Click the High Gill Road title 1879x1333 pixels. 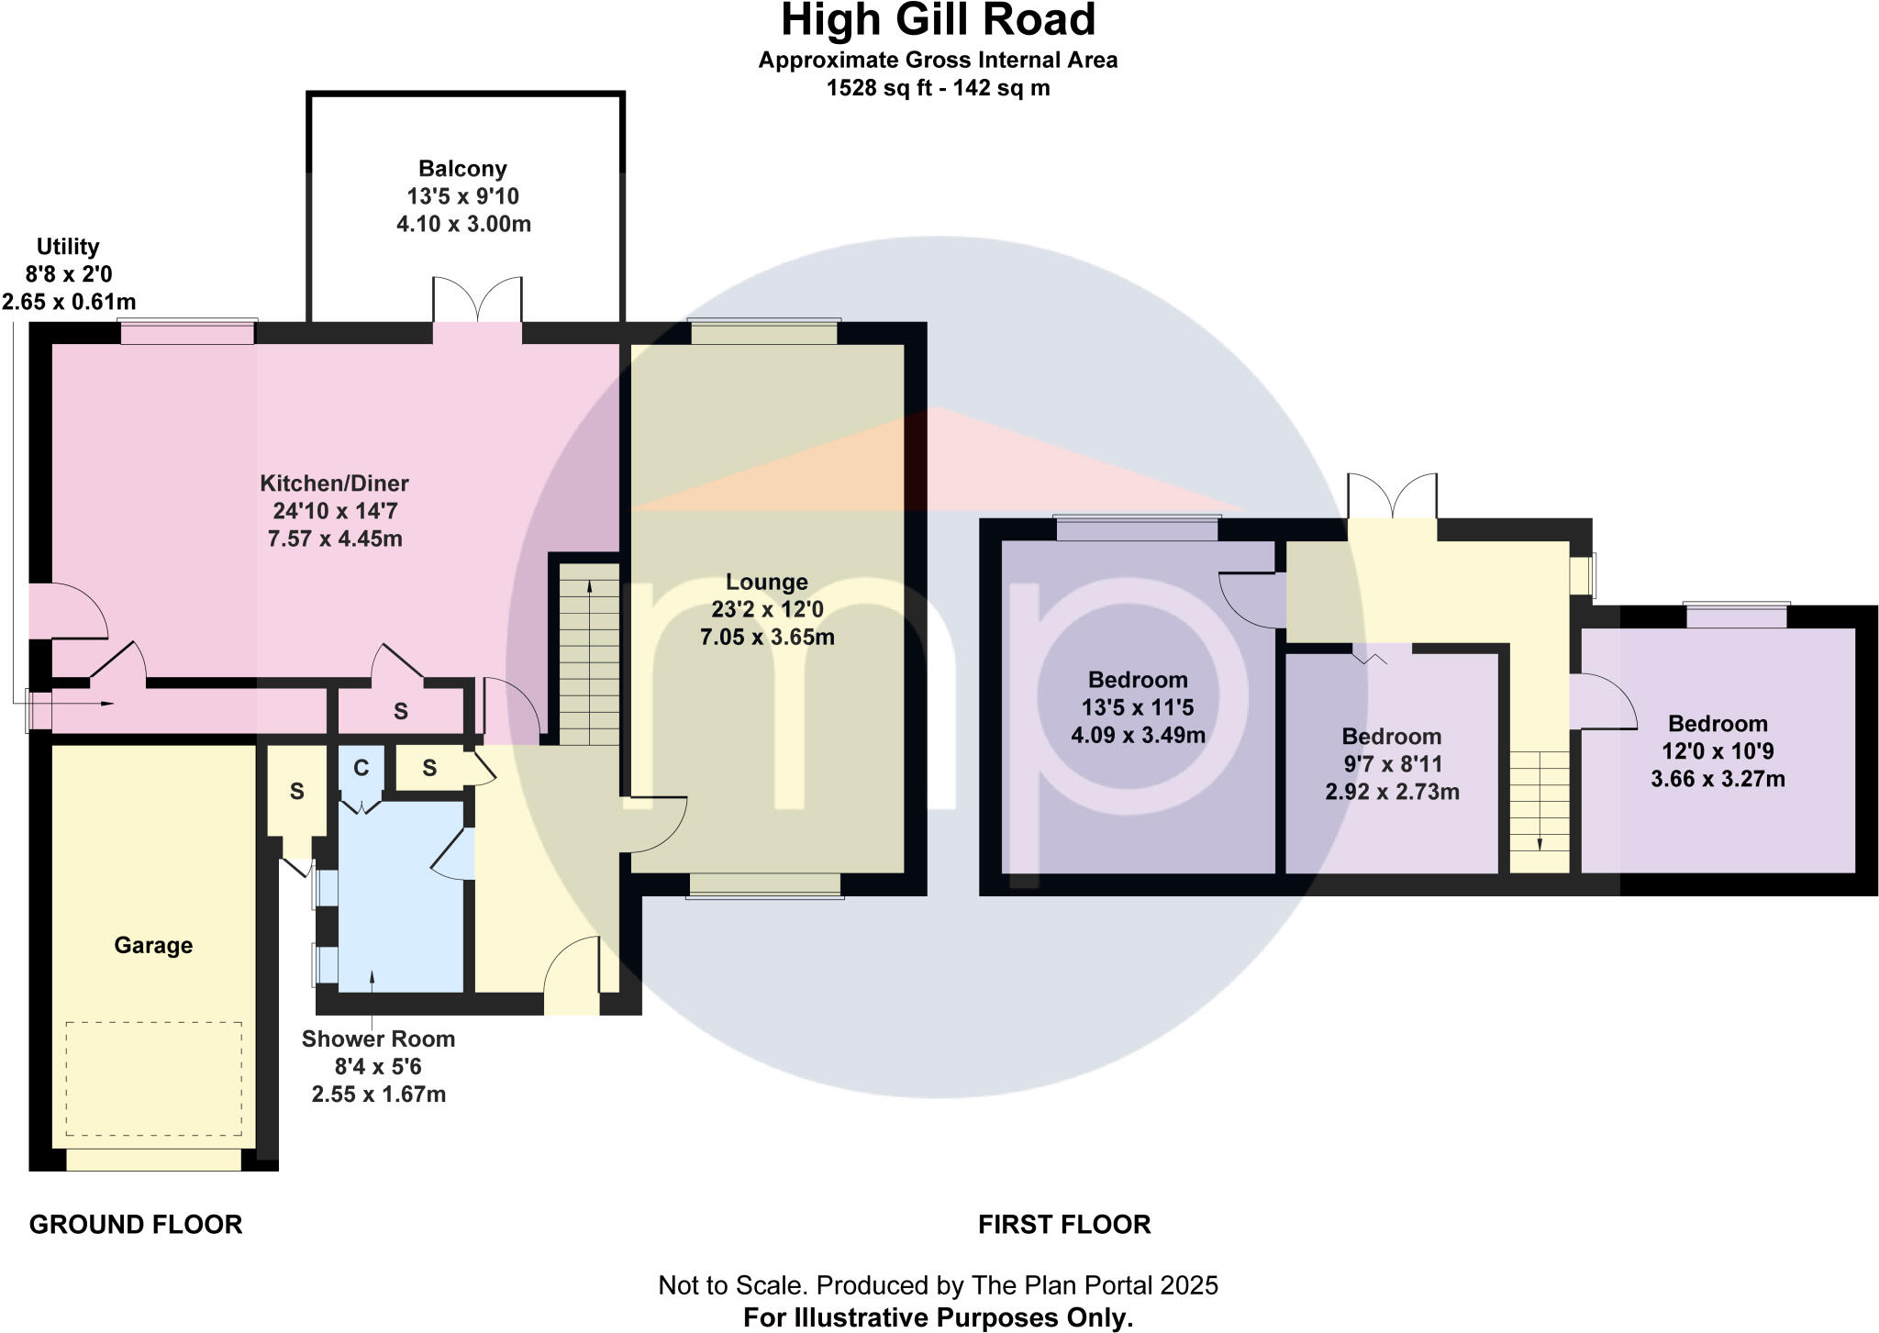tap(938, 20)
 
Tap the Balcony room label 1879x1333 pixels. tap(462, 169)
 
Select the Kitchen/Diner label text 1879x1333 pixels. tap(334, 483)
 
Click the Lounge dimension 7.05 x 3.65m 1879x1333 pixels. tap(767, 637)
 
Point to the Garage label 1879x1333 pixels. tap(153, 945)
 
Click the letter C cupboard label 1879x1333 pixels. tap(361, 768)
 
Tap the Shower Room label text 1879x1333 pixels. tap(378, 1039)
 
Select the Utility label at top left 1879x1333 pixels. tap(68, 247)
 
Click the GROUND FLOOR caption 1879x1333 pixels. tap(136, 1225)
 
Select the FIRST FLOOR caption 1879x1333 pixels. tap(1064, 1225)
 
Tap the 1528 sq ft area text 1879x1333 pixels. tap(938, 88)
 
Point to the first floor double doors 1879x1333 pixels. tap(1392, 496)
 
